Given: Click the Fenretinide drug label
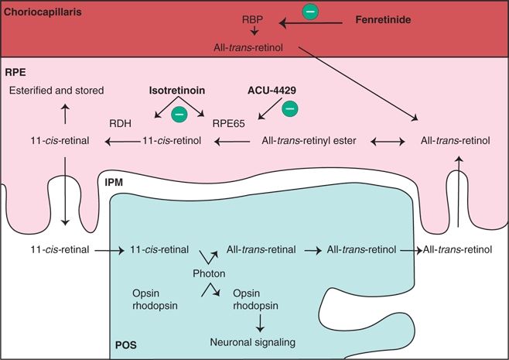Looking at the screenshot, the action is click(x=383, y=20).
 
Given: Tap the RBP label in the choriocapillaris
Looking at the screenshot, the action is click(x=252, y=19).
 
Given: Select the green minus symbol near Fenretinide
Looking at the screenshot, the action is click(x=310, y=12).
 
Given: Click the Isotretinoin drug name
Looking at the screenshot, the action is click(x=177, y=91).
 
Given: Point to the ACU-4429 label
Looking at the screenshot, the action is click(x=272, y=91).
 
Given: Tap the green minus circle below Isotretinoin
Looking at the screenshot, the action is click(x=179, y=115).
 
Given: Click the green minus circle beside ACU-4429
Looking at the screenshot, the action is click(x=290, y=108).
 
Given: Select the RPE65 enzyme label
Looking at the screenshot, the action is click(x=228, y=123).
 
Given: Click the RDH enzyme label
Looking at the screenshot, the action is click(x=120, y=123).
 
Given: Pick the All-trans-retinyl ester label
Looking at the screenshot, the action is click(x=309, y=141).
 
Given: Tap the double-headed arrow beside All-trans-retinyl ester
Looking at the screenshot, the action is click(x=388, y=142).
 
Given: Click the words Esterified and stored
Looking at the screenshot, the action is click(x=56, y=91).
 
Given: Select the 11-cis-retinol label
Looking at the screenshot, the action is click(x=172, y=141).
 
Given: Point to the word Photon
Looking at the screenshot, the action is click(x=209, y=273).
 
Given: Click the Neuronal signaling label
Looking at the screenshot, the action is click(x=253, y=342).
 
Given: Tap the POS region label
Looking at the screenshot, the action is click(x=126, y=345).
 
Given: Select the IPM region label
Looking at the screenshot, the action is click(x=114, y=182).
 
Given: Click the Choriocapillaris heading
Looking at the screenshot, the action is click(x=43, y=12).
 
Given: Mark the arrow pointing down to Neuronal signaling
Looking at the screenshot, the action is click(x=260, y=324).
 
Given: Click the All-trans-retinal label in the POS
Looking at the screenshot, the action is click(x=261, y=249).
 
